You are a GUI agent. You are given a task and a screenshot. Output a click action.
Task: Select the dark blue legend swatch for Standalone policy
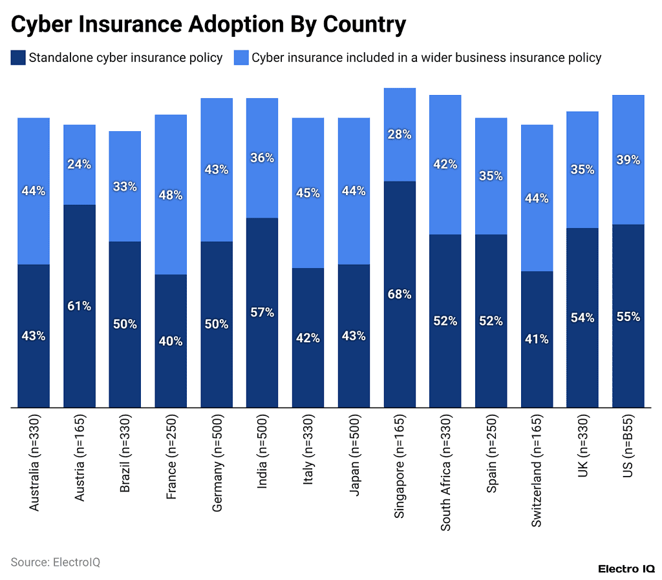(18, 57)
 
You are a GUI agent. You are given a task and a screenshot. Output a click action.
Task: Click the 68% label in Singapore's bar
(400, 294)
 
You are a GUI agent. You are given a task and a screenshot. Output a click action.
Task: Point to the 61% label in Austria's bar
(79, 306)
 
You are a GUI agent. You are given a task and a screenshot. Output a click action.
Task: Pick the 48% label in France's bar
(171, 195)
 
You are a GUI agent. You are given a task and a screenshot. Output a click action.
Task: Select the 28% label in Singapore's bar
(400, 134)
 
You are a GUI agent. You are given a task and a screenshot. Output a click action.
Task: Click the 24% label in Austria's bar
(79, 164)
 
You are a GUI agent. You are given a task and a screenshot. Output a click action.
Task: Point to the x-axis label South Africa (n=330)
(445, 470)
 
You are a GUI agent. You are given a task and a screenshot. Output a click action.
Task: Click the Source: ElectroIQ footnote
(56, 562)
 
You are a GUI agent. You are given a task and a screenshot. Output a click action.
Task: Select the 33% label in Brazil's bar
(125, 187)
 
